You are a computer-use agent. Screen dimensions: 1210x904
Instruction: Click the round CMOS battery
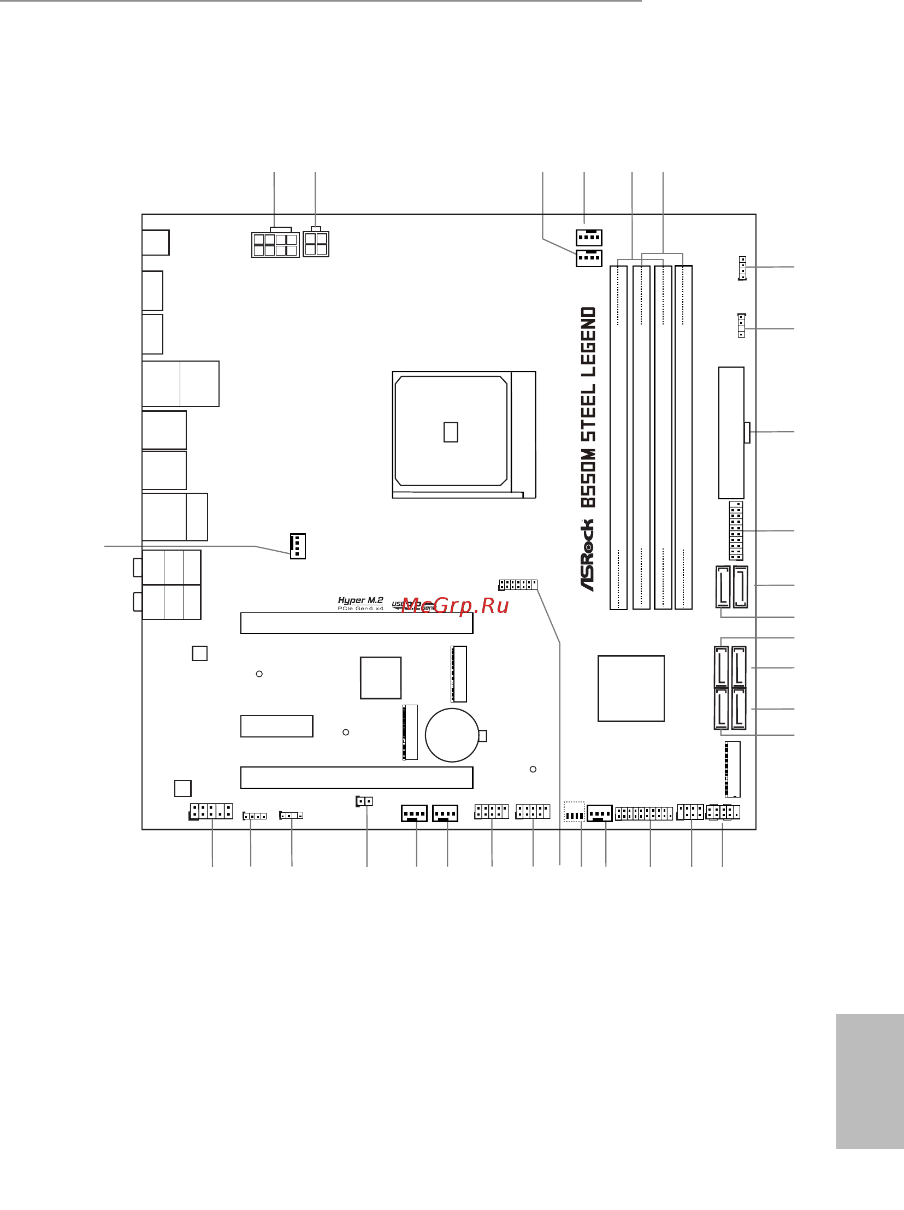(x=452, y=735)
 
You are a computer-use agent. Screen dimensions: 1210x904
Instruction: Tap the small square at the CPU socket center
(x=451, y=432)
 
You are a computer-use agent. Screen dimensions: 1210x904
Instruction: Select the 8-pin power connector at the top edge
(x=275, y=244)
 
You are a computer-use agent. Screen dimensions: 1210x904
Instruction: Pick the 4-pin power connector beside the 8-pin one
(x=316, y=244)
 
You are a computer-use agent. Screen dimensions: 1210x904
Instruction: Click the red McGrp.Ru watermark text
(x=455, y=606)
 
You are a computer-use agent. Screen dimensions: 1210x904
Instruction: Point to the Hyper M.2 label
(x=361, y=600)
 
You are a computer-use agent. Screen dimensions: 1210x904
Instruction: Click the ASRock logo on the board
(x=587, y=554)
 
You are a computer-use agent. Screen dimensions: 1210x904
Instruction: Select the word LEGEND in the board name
(x=588, y=341)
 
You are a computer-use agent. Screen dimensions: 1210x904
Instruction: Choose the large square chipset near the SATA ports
(x=630, y=688)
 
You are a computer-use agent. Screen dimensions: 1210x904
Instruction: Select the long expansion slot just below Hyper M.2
(x=357, y=624)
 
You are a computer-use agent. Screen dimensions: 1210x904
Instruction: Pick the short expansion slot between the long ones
(x=277, y=726)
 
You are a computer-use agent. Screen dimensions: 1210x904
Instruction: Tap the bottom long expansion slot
(x=357, y=777)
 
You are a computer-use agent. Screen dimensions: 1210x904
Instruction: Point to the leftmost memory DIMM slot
(x=618, y=437)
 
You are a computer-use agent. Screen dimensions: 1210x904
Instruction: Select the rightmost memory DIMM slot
(x=683, y=437)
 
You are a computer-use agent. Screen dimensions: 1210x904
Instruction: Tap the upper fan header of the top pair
(x=588, y=237)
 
